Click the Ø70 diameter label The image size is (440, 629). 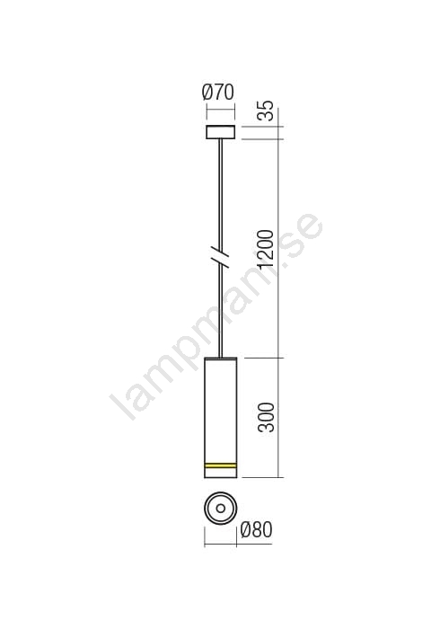218,93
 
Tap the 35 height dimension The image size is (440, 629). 266,111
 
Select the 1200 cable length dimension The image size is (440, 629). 266,249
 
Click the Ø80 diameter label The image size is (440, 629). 257,530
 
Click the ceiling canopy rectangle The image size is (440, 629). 220,132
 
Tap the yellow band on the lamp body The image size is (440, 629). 220,465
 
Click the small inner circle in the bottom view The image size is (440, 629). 220,509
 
